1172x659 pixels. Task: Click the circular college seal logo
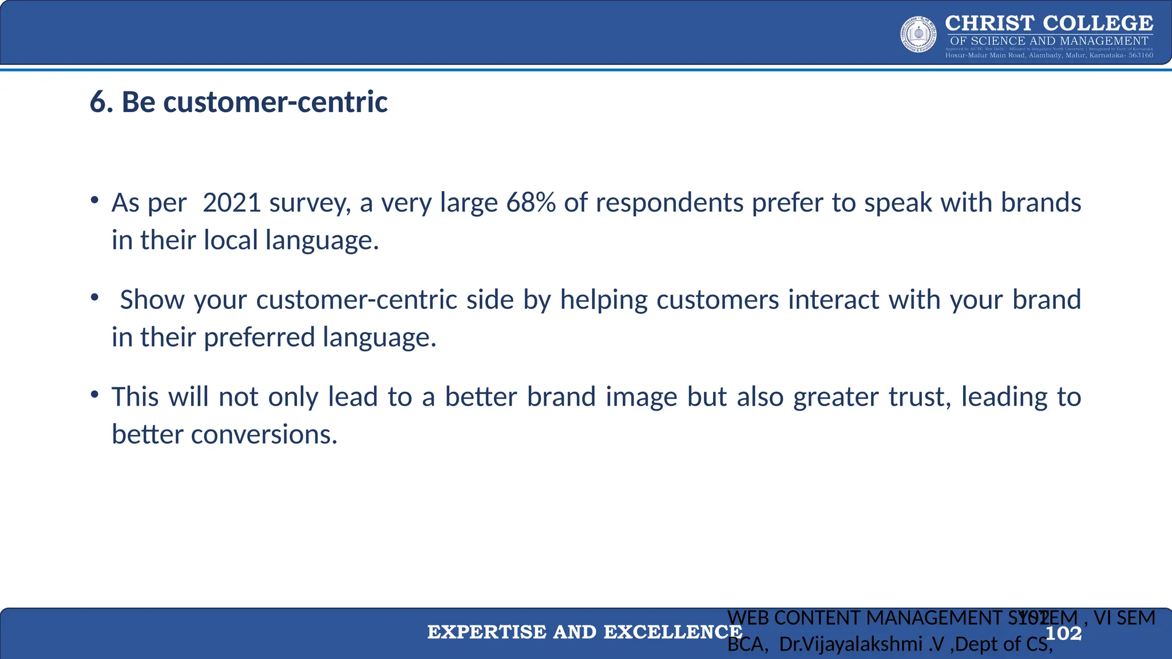point(918,35)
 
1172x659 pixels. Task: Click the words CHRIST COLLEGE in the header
point(1049,23)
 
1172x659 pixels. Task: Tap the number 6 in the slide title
point(97,102)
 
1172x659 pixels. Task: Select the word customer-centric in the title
point(275,102)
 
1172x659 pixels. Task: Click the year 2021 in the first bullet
point(232,203)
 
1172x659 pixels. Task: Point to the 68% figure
point(530,203)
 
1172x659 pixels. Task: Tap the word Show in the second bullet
point(152,300)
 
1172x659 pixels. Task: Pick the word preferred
point(259,337)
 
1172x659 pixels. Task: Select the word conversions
point(264,434)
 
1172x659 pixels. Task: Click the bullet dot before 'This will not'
point(95,395)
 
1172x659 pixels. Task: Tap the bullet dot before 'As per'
point(95,200)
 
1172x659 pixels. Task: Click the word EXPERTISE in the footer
point(486,632)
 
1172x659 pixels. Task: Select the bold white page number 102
point(1063,633)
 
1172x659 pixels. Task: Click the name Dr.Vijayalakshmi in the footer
point(850,644)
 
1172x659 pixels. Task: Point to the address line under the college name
point(1049,55)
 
